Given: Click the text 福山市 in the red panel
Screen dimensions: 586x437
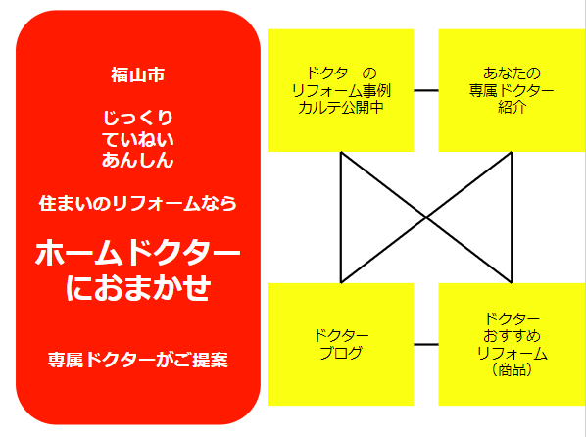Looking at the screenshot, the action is [138, 74].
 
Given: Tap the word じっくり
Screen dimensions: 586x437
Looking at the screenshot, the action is [138, 118].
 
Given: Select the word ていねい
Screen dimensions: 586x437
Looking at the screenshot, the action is [138, 139].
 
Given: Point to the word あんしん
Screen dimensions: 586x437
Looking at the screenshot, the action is [138, 161].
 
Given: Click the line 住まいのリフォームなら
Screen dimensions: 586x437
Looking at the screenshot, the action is [138, 204].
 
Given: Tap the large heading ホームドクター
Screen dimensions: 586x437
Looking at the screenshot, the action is [138, 253].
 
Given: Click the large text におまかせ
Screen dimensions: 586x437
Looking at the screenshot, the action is [138, 287].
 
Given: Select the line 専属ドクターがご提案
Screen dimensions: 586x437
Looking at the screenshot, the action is [138, 360].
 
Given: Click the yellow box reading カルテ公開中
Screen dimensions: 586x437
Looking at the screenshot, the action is [341, 90].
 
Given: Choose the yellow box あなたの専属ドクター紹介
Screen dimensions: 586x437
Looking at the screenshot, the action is [512, 90].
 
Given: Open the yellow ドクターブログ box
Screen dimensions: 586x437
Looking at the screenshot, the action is [341, 344].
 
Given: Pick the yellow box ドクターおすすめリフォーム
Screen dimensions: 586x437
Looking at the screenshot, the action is [512, 344].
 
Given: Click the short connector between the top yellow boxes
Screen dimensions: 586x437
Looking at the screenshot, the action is [426, 90].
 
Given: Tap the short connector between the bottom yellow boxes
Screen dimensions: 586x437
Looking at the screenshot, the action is [426, 344].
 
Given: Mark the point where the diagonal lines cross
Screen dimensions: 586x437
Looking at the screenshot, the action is [426, 218].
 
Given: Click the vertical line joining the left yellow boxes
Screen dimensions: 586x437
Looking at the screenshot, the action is [341, 218].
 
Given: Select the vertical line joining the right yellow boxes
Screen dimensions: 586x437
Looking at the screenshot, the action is [512, 218].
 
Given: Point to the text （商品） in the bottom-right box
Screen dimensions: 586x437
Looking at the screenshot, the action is [512, 369].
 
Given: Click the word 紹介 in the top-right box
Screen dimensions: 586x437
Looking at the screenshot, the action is [512, 107].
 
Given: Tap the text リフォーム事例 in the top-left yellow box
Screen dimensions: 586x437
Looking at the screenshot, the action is [341, 90].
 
